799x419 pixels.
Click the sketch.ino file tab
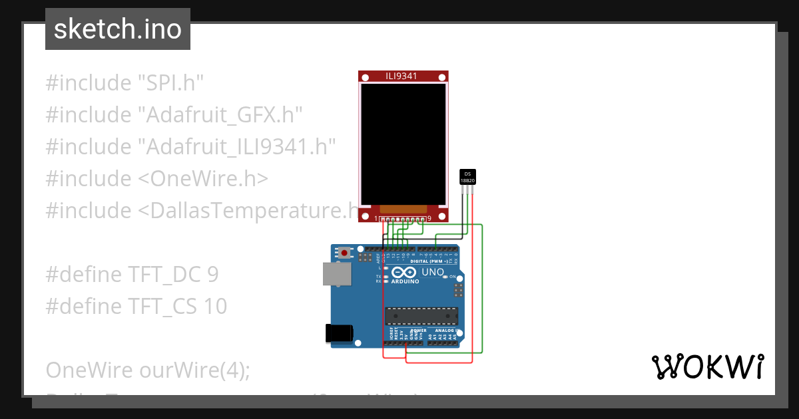click(118, 29)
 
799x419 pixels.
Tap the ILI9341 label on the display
click(401, 76)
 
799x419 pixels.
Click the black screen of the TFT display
click(403, 143)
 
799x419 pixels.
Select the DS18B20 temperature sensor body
click(468, 177)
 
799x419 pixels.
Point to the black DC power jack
click(338, 334)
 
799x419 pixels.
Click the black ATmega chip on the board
click(421, 317)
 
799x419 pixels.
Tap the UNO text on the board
click(433, 272)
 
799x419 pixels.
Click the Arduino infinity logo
click(403, 272)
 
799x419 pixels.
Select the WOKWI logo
click(707, 367)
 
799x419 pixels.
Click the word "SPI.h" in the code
click(170, 83)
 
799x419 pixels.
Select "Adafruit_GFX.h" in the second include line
click(220, 115)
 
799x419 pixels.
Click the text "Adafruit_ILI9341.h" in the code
click(236, 147)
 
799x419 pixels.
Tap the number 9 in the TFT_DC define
click(212, 275)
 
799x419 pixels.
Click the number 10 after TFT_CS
click(216, 307)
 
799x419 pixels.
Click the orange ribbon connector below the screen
click(402, 209)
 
